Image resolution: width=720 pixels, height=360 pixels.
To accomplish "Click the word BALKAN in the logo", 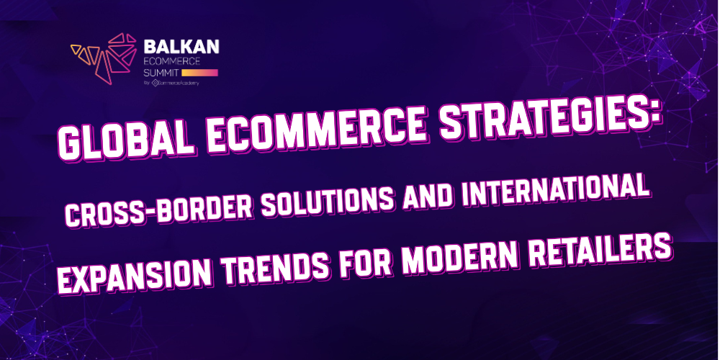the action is click(x=181, y=46).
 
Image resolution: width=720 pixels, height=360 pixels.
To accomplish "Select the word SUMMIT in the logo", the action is click(x=161, y=73).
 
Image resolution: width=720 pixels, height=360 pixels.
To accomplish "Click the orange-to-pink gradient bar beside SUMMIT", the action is click(x=199, y=73).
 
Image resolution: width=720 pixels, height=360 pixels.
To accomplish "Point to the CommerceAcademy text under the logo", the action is click(x=179, y=84).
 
